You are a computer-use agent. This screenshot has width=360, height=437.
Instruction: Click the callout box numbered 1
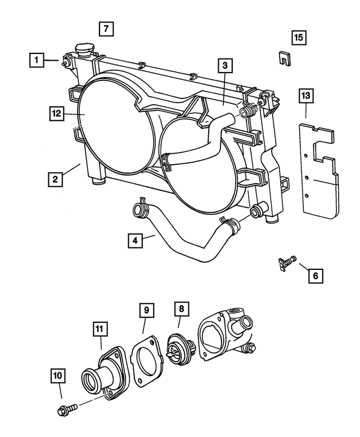pyautogui.click(x=37, y=59)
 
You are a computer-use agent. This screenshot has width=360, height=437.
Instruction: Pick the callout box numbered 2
pyautogui.click(x=55, y=179)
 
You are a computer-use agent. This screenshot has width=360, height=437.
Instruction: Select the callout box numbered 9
pyautogui.click(x=146, y=310)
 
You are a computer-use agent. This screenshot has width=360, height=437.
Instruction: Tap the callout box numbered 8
pyautogui.click(x=181, y=309)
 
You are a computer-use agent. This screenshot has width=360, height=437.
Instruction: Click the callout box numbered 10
pyautogui.click(x=58, y=375)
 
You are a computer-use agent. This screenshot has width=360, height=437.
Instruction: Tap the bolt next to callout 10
pyautogui.click(x=64, y=411)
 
